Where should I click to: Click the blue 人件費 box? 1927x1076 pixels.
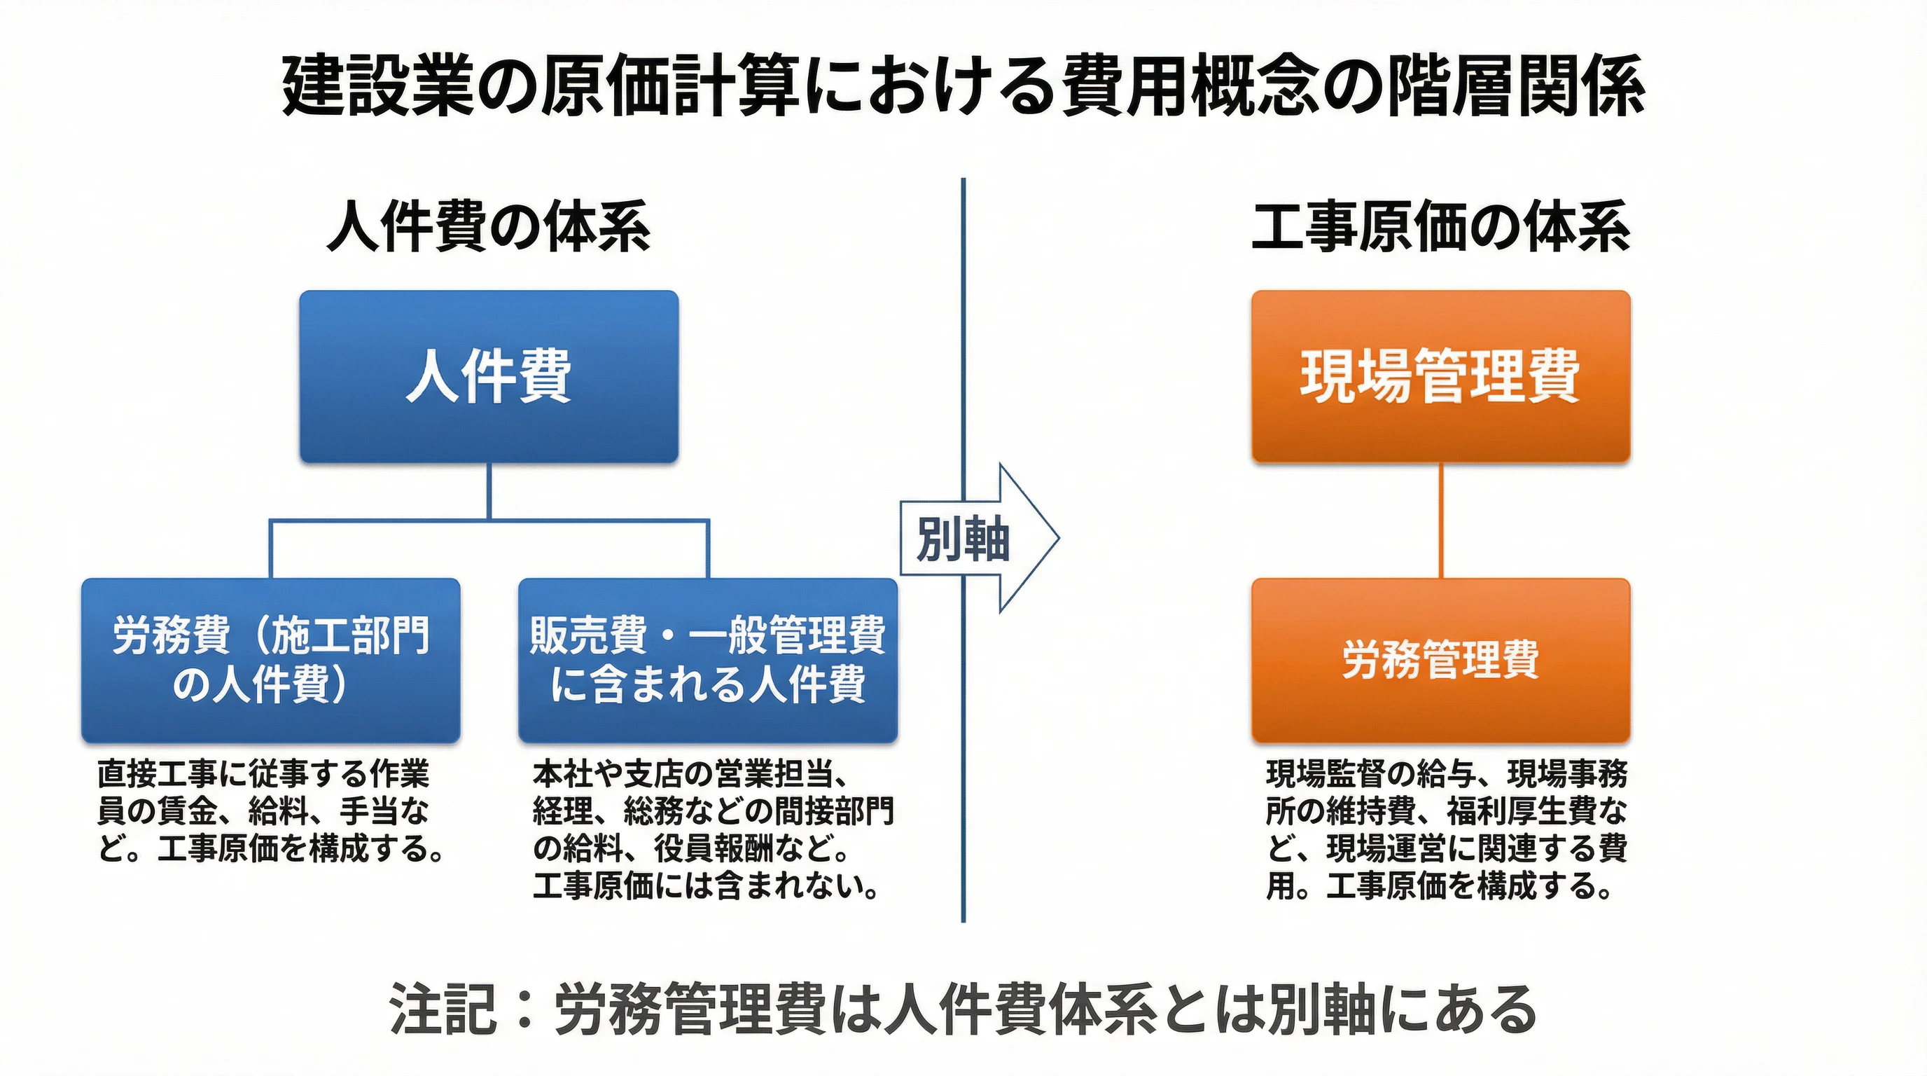point(489,376)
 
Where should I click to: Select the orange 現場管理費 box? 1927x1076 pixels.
point(1440,376)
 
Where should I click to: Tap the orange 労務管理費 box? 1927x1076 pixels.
point(1440,660)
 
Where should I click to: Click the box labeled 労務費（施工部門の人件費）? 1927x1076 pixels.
point(270,660)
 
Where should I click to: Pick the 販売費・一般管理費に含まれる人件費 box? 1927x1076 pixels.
point(707,660)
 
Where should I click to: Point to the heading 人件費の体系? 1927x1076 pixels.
point(489,227)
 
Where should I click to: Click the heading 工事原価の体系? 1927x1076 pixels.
point(1440,227)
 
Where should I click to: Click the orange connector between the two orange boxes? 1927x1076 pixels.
point(1441,520)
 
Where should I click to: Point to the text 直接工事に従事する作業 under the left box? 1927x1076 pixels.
point(263,775)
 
